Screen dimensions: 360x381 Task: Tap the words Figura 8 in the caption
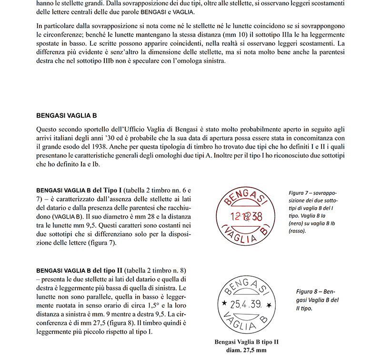[x=309, y=290]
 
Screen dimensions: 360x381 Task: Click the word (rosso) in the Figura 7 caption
[x=297, y=231]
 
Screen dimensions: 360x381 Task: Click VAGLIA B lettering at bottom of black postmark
[x=244, y=322]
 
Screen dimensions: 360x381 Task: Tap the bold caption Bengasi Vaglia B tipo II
[x=246, y=342]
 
